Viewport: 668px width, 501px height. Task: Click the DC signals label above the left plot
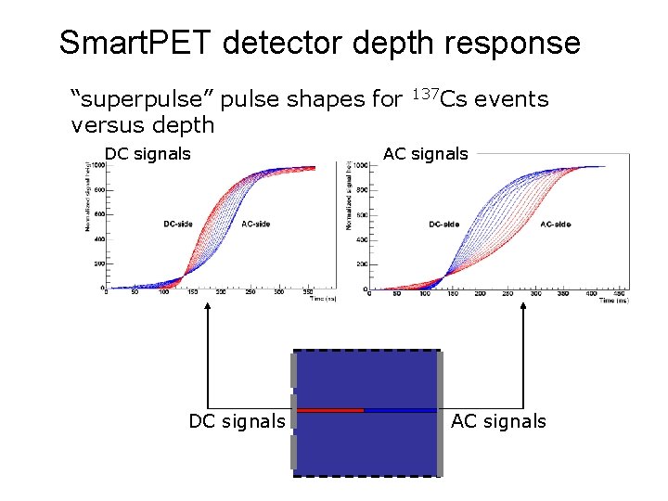(148, 154)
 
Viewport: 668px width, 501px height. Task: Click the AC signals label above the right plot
(426, 154)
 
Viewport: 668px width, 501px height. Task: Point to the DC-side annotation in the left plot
(179, 224)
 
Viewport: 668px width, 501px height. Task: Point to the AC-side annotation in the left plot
(256, 224)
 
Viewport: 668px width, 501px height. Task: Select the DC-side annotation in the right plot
(444, 224)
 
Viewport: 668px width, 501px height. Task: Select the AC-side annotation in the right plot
(555, 224)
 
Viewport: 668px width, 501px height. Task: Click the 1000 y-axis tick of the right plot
(362, 166)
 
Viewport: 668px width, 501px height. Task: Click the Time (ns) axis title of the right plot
(612, 301)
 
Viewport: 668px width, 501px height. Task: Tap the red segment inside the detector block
(329, 409)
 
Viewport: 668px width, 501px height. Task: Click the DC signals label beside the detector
(237, 421)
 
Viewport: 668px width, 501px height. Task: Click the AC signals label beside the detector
(498, 421)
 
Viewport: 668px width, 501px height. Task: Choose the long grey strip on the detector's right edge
(440, 414)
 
